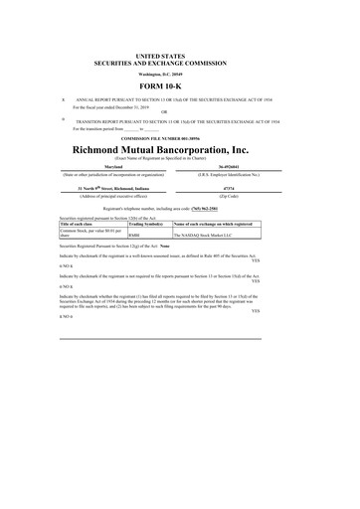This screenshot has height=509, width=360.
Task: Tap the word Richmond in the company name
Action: pyautogui.click(x=103, y=149)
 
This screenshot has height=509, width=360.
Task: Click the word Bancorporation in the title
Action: pyautogui.click(x=214, y=149)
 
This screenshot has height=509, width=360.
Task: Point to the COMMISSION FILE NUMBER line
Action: pyautogui.click(x=180, y=137)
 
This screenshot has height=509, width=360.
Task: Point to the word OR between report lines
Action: pyautogui.click(x=180, y=111)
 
